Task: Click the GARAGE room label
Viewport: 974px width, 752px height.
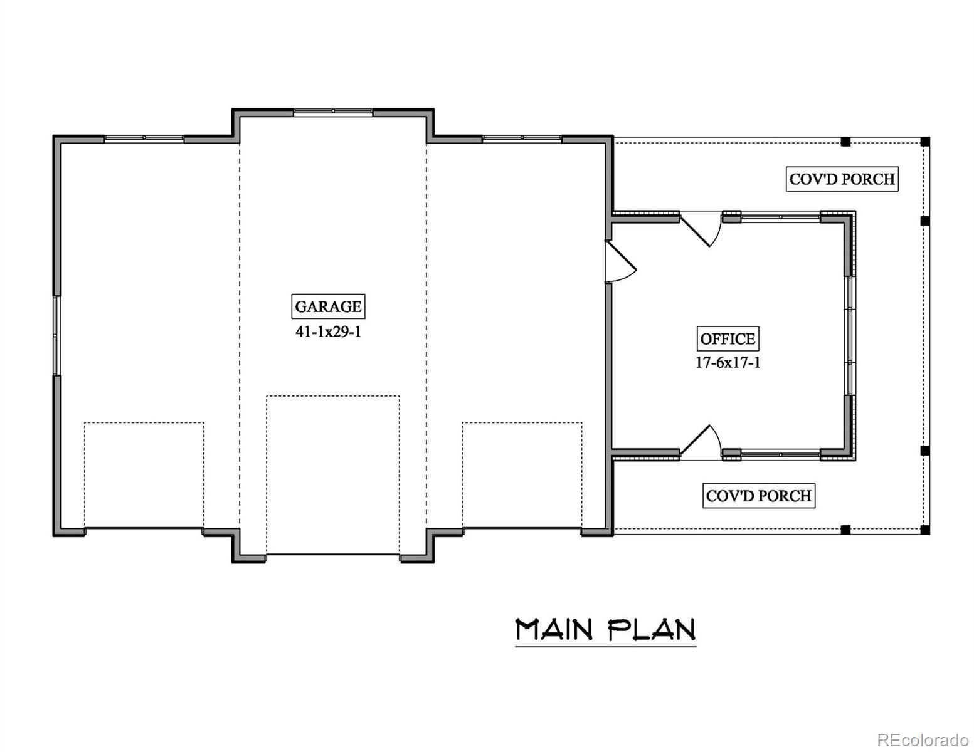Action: pyautogui.click(x=328, y=306)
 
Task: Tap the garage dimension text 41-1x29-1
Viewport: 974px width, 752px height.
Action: pyautogui.click(x=328, y=332)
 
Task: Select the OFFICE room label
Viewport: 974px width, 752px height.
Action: pyautogui.click(x=728, y=339)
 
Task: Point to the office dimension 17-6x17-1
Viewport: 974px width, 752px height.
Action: pyautogui.click(x=728, y=362)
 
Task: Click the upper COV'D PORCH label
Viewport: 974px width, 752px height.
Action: pyautogui.click(x=842, y=179)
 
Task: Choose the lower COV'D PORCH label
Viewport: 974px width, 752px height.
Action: pyautogui.click(x=758, y=496)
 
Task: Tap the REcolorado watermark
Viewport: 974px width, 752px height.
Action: pyautogui.click(x=923, y=739)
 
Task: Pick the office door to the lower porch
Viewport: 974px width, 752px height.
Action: pyautogui.click(x=701, y=443)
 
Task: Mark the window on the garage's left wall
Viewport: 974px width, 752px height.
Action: pyautogui.click(x=56, y=335)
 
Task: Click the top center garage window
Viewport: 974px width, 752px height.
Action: pyautogui.click(x=333, y=112)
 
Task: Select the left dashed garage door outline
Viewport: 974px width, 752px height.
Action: pyautogui.click(x=144, y=475)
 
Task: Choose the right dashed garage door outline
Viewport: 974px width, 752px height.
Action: pyautogui.click(x=522, y=475)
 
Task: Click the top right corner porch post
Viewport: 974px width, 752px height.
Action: pyautogui.click(x=925, y=142)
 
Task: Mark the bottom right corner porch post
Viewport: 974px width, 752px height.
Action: pyautogui.click(x=925, y=530)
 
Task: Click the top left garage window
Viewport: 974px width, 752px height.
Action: pyautogui.click(x=144, y=138)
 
